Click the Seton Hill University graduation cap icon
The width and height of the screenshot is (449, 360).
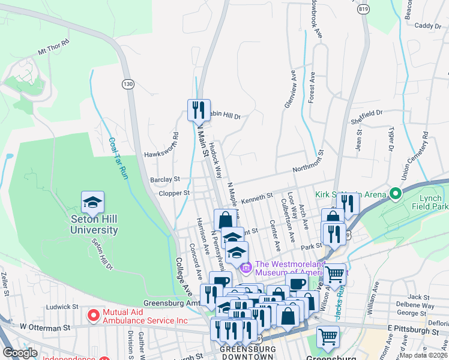point(92,203)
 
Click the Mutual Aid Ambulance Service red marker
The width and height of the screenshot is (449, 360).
point(93,314)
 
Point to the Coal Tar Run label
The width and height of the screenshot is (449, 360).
point(118,158)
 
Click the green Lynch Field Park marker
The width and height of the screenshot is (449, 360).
point(395,194)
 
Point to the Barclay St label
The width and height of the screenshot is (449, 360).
point(165,179)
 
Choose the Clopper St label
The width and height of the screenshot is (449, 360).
point(175,193)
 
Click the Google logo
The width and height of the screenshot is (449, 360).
point(20,353)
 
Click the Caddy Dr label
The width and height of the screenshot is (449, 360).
point(427,25)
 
